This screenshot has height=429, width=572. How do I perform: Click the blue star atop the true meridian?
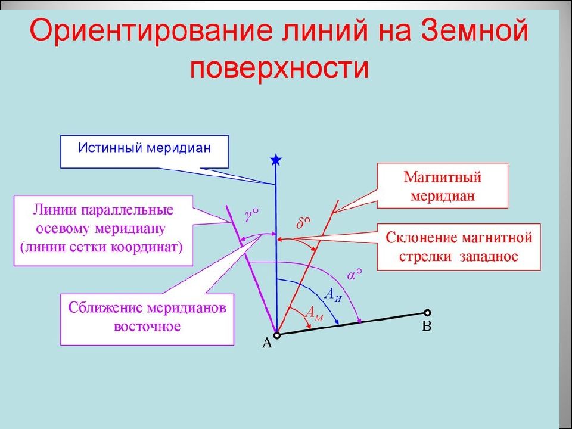tap(275, 160)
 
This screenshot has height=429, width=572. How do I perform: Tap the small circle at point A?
tap(277, 335)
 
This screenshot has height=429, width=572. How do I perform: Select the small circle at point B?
tap(427, 312)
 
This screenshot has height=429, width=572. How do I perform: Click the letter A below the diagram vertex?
tap(267, 343)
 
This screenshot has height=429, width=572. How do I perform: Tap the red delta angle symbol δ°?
tap(303, 223)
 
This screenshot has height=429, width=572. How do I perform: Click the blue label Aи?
tap(332, 293)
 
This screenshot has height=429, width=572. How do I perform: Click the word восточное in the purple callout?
tap(146, 327)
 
